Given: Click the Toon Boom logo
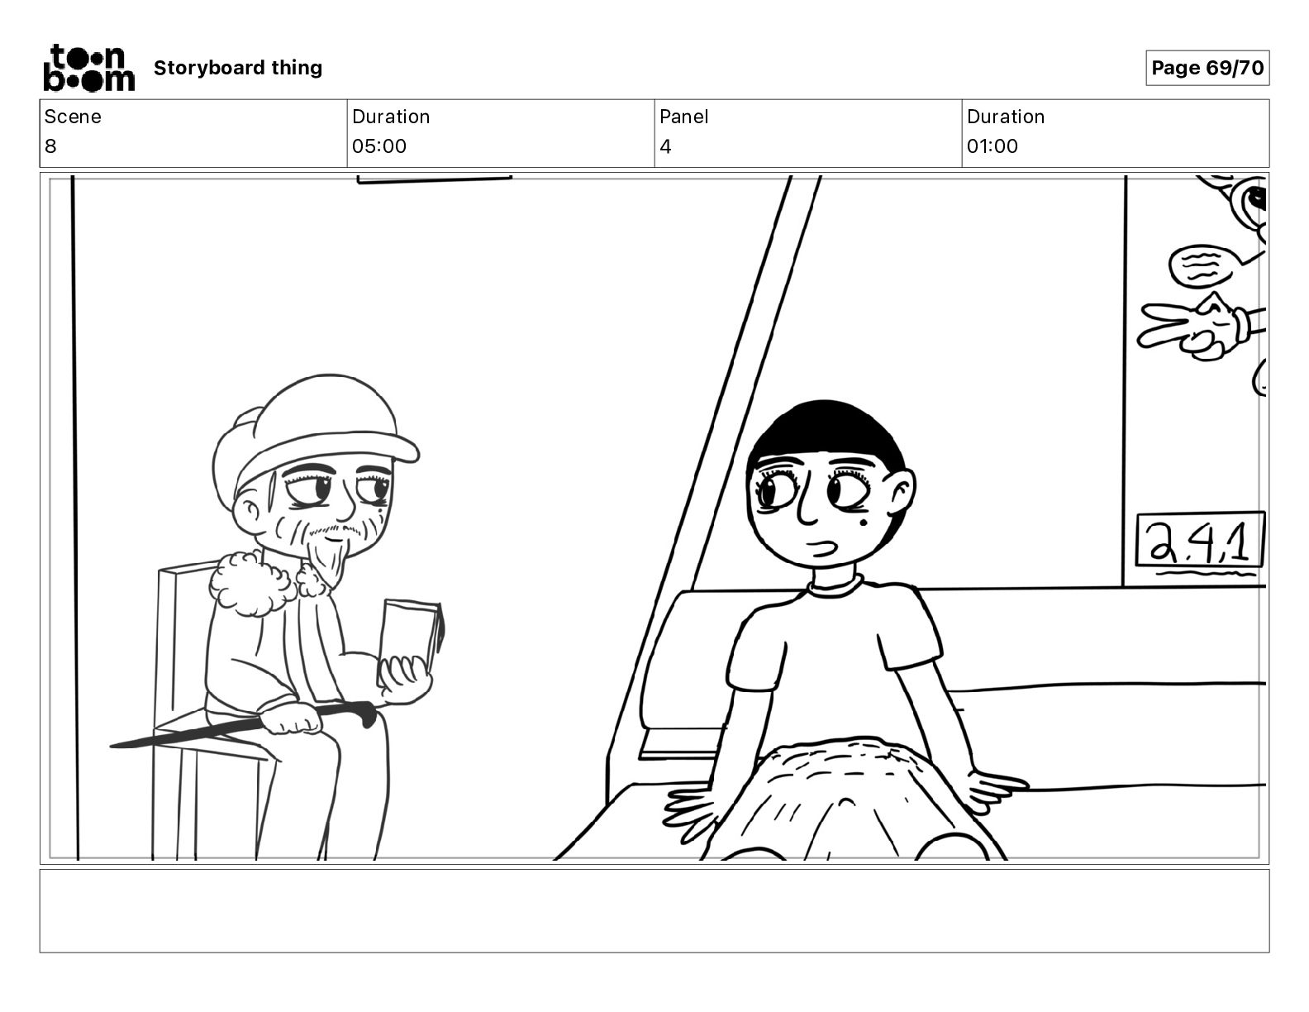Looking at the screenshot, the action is (x=89, y=68).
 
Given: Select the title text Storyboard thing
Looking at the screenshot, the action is (x=238, y=68).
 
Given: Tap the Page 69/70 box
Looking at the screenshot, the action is (x=1207, y=68).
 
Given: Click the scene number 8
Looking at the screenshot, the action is (x=50, y=146).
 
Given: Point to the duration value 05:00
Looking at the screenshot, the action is (x=379, y=146).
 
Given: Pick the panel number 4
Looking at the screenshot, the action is (x=665, y=146).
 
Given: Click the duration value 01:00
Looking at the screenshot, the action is (x=992, y=146).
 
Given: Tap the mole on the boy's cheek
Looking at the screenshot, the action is (x=863, y=522).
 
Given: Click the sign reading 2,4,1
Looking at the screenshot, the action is (x=1201, y=540).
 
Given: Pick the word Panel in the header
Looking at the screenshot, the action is (x=683, y=117).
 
